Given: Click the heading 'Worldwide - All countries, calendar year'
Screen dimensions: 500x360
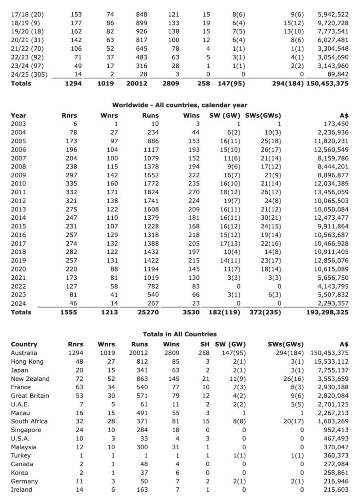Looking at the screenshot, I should coord(180,105).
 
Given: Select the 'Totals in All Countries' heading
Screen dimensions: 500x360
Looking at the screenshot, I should coord(180,334).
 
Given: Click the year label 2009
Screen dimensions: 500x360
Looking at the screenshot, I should coord(18,175).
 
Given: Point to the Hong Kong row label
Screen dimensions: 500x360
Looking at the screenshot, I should coord(27,361).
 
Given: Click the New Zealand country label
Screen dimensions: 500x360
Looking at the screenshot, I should coord(30,378).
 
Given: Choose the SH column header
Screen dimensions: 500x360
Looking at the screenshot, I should coord(205,344).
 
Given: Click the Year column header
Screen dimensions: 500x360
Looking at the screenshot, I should coord(18,116).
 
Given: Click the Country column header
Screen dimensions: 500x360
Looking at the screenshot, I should coord(24,344).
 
